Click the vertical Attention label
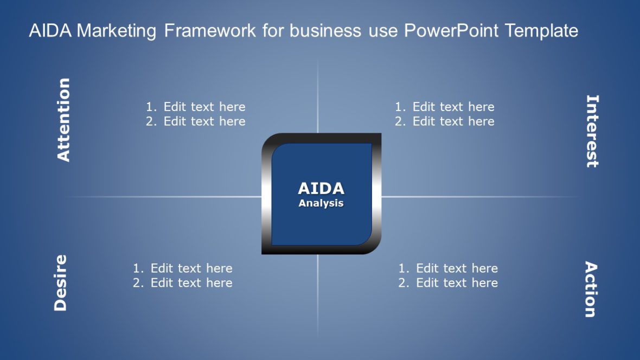64,120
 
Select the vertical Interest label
592,131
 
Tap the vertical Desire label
61,282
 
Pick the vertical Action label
591,289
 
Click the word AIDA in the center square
321,189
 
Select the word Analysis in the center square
321,203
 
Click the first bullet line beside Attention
196,107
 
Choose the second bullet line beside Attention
196,121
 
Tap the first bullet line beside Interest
445,107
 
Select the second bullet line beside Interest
445,121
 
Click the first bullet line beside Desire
183,268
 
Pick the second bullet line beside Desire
183,283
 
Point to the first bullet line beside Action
448,268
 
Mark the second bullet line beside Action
448,283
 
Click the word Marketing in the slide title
117,31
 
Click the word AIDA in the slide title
50,31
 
